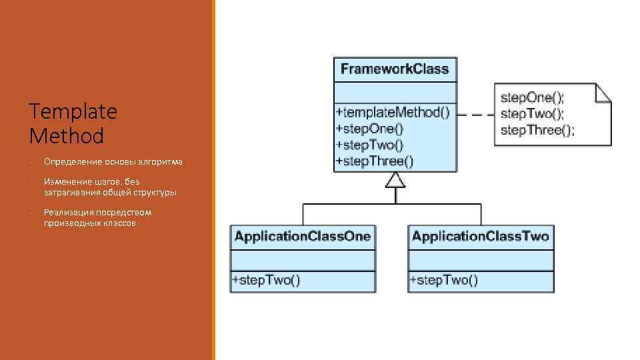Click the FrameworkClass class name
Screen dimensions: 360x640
tap(395, 69)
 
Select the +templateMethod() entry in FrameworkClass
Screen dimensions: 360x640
tap(393, 113)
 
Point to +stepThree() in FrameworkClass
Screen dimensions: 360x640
tap(374, 161)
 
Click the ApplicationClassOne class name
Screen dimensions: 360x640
tap(302, 237)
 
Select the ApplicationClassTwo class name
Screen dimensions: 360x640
tap(480, 237)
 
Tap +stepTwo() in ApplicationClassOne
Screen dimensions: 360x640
tap(266, 281)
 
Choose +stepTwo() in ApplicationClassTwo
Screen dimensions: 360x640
tap(444, 281)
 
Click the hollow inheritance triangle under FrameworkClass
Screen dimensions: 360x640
tap(396, 180)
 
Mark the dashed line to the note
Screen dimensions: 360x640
tap(475, 115)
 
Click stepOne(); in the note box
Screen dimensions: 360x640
tap(532, 97)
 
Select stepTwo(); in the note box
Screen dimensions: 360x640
tap(532, 113)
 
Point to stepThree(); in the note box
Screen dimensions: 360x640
tap(537, 130)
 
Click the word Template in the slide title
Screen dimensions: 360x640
tap(73, 111)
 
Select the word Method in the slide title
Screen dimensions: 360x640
tap(67, 137)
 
